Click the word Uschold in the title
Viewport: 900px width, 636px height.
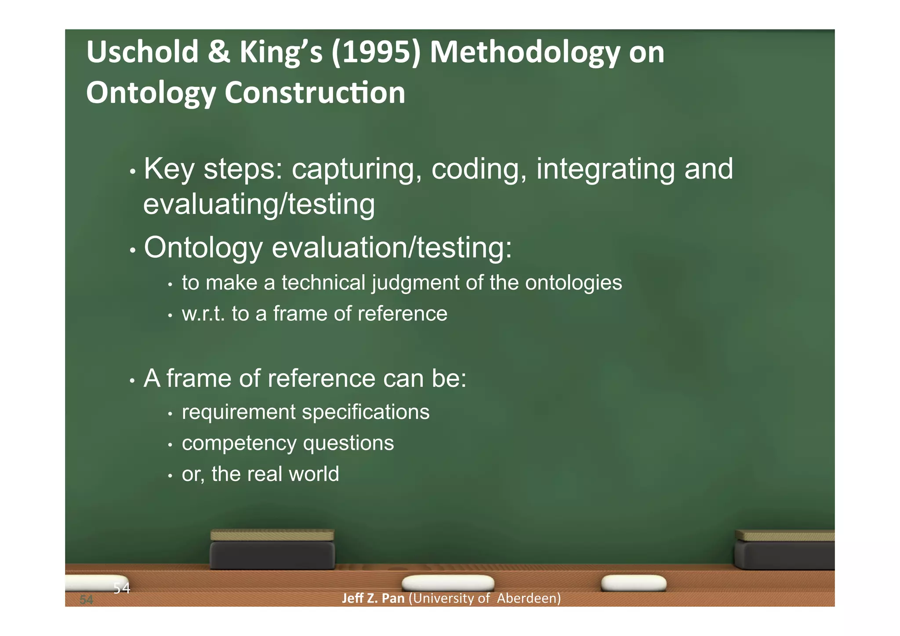(x=142, y=52)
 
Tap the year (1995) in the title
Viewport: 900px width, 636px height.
(x=376, y=52)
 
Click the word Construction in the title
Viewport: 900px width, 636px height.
(x=315, y=93)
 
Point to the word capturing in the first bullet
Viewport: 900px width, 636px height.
(x=352, y=169)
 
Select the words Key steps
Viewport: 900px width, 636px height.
(x=213, y=169)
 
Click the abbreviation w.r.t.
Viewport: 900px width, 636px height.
(x=203, y=314)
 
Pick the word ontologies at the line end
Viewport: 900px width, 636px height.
(x=573, y=283)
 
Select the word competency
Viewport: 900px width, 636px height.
(x=239, y=443)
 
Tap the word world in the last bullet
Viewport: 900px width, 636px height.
(x=314, y=474)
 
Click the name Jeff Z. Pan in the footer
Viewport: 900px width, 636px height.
(x=373, y=598)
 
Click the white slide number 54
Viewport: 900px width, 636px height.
(x=122, y=588)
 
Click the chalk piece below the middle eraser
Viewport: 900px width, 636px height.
(x=448, y=583)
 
